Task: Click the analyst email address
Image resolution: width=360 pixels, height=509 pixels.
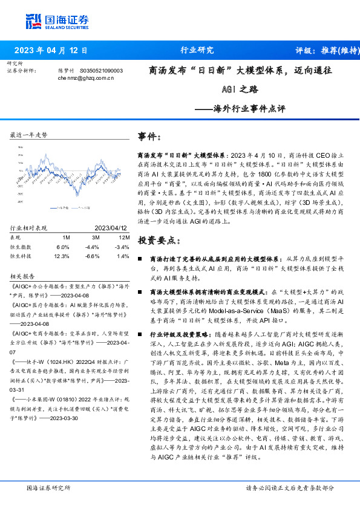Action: click(86, 79)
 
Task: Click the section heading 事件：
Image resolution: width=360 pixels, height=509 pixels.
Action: click(149, 137)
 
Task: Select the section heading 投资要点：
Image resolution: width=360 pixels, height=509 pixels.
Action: click(159, 241)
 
